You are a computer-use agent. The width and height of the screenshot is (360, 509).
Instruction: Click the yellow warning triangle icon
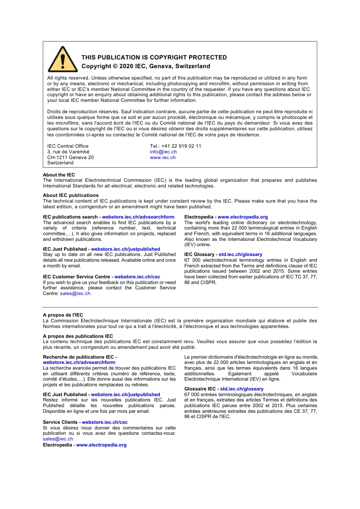tap(63, 60)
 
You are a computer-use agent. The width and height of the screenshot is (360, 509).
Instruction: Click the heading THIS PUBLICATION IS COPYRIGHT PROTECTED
tap(154, 58)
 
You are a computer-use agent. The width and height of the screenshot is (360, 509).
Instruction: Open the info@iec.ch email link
tap(163, 152)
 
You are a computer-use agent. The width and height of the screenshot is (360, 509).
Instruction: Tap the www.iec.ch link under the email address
tap(163, 158)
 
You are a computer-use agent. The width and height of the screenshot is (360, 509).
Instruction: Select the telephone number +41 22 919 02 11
tap(181, 146)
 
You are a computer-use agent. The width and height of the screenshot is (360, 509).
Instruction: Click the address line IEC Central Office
tap(68, 146)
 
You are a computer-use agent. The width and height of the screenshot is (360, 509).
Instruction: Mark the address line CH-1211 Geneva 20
tap(70, 158)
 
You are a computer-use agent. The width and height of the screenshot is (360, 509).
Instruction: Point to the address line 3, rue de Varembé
tap(68, 152)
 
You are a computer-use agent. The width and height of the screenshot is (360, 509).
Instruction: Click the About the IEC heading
tap(59, 175)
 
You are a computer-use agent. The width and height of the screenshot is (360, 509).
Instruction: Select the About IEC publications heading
tap(70, 195)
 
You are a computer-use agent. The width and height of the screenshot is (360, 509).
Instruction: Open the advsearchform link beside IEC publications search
tap(138, 217)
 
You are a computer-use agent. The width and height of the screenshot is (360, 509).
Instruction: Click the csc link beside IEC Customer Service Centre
tap(137, 277)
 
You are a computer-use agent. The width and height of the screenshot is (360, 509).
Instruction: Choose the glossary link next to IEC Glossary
tap(240, 254)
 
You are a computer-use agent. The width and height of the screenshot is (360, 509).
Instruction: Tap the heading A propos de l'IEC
tap(63, 315)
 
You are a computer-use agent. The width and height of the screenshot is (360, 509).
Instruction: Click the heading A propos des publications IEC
tap(78, 336)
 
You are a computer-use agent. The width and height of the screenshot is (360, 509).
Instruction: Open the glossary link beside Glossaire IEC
tap(242, 389)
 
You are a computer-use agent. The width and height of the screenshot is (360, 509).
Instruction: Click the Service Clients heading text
tap(60, 422)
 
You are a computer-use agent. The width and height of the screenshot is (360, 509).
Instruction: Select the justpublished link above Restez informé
tap(125, 395)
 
